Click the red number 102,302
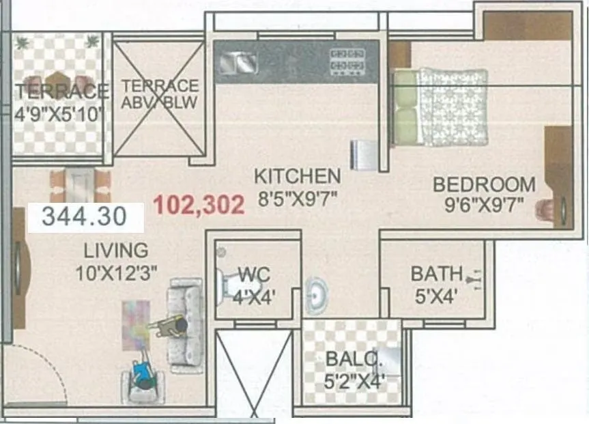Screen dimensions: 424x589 (x=199, y=205)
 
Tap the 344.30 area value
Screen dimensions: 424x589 (x=85, y=216)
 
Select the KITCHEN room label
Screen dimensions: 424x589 (x=297, y=175)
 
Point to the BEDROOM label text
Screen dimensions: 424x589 (x=484, y=184)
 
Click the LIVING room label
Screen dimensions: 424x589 (x=116, y=250)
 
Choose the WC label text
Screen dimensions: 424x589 (x=254, y=275)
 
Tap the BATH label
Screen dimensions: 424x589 (x=436, y=274)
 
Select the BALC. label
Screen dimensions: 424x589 (x=348, y=359)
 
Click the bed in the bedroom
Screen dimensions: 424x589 (x=441, y=105)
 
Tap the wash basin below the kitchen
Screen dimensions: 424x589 (x=315, y=293)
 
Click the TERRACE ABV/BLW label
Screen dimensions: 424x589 (x=160, y=95)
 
